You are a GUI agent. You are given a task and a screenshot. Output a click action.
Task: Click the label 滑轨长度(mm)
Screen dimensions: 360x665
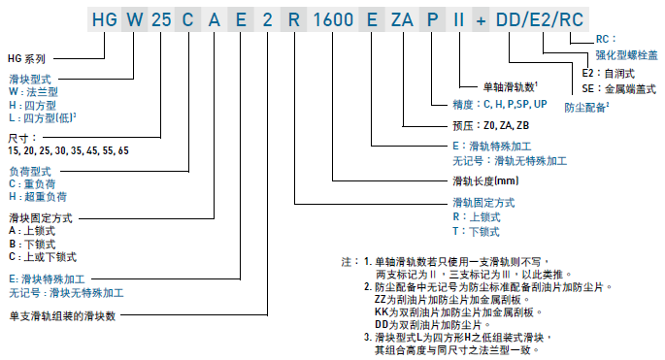coord(485,181)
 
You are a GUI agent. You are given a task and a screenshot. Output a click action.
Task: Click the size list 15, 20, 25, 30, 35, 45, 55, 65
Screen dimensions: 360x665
coord(67,152)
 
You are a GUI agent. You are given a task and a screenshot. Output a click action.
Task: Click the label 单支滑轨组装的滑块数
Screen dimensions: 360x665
coord(63,316)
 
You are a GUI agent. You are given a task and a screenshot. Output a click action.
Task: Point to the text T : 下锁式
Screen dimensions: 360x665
coord(476,232)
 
